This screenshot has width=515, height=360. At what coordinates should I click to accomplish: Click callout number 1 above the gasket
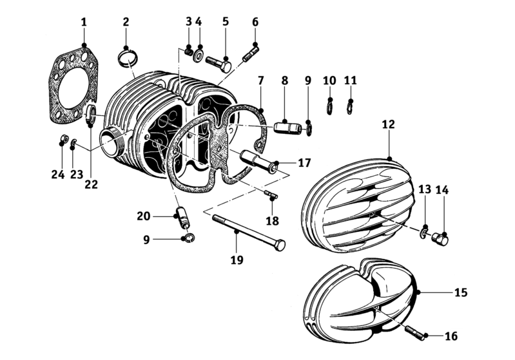pyautogui.click(x=84, y=23)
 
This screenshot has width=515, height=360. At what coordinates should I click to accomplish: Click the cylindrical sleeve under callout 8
pyautogui.click(x=287, y=127)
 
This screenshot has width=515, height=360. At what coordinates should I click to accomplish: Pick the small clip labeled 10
pyautogui.click(x=330, y=105)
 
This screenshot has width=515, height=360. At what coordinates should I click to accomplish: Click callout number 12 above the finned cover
pyautogui.click(x=388, y=124)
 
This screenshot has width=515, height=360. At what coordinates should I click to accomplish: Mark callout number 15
pyautogui.click(x=461, y=292)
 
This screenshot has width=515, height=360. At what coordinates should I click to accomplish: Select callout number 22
pyautogui.click(x=90, y=185)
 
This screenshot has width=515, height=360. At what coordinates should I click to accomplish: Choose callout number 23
pyautogui.click(x=77, y=173)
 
